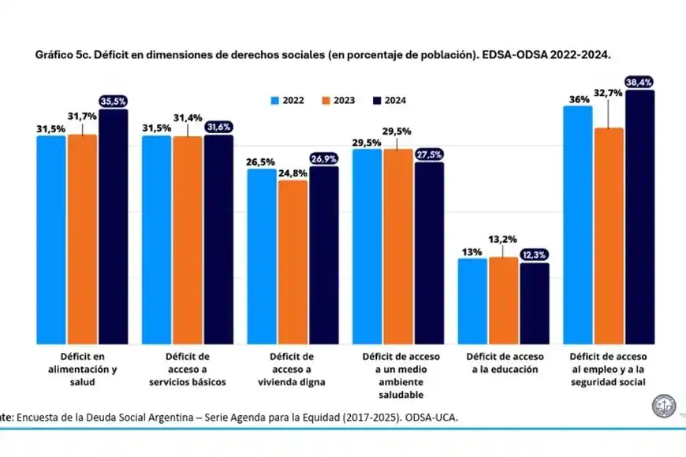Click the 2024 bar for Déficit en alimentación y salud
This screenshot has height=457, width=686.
114,227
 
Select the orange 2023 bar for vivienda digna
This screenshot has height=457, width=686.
293,262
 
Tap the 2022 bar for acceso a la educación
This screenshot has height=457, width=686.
472,301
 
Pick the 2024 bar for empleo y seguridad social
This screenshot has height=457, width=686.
639,217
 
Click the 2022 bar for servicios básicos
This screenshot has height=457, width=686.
156,240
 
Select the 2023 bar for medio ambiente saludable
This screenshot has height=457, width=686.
398,247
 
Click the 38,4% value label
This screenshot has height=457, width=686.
640,82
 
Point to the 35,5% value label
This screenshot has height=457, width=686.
114,101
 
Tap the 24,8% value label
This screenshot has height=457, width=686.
293,173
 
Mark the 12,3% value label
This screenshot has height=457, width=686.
535,255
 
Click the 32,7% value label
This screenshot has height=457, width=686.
608,92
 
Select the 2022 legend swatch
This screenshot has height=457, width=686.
275,101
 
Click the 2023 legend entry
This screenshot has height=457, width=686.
337,101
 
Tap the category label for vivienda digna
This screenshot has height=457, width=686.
292,369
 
